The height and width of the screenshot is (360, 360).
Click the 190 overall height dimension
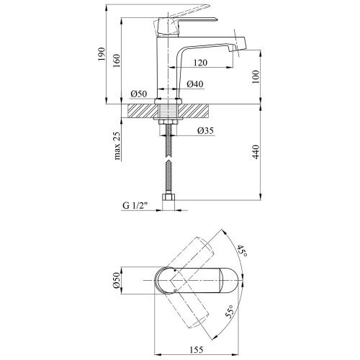pos(102,54)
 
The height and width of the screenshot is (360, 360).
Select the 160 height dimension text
pos(117,60)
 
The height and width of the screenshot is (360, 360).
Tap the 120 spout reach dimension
pos(200,63)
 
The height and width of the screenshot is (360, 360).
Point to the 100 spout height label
pos(256,77)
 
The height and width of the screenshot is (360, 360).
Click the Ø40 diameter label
pos(195,84)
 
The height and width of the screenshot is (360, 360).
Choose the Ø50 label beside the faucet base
pos(139,94)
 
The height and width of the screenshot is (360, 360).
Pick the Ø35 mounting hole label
pos(205,130)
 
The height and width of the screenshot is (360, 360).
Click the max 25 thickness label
pos(117,145)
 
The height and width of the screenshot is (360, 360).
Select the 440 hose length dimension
pos(256,152)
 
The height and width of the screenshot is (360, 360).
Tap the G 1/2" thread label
pos(135,206)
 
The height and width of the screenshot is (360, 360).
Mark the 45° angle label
pos(242,251)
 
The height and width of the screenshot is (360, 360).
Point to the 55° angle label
pos(229,312)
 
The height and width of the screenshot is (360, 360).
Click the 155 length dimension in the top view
pos(197,350)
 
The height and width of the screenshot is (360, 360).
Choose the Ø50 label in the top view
pos(117,280)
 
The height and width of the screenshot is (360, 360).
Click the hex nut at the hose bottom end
pos(168,197)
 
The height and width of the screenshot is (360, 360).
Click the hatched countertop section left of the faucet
pos(141,111)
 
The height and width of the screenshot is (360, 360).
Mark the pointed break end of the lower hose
pos(169,161)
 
